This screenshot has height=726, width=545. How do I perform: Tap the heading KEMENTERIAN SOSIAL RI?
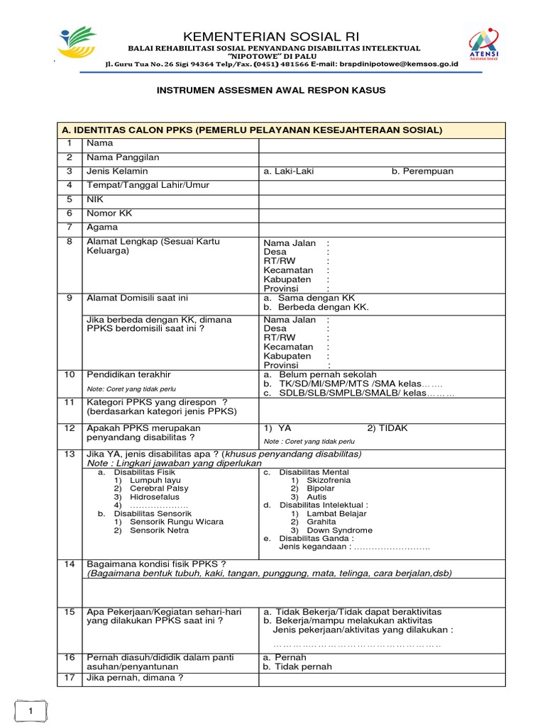pyautogui.click(x=272, y=36)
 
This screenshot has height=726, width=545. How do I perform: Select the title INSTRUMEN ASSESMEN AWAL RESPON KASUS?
pyautogui.click(x=272, y=91)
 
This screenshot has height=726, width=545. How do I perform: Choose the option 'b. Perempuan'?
pyautogui.click(x=422, y=172)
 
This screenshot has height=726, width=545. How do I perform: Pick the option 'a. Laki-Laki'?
pyautogui.click(x=289, y=172)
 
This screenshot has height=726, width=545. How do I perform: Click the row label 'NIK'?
pyautogui.click(x=95, y=199)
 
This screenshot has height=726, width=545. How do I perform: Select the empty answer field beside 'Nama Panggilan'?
pyautogui.click(x=382, y=157)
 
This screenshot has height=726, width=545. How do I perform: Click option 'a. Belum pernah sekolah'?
pyautogui.click(x=320, y=374)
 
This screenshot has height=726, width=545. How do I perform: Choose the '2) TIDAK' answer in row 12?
pyautogui.click(x=387, y=428)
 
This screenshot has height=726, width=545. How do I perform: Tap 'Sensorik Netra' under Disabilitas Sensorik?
pyautogui.click(x=160, y=530)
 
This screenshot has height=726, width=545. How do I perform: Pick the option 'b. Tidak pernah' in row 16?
pyautogui.click(x=297, y=666)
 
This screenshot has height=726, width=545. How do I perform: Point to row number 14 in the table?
pyautogui.click(x=70, y=564)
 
